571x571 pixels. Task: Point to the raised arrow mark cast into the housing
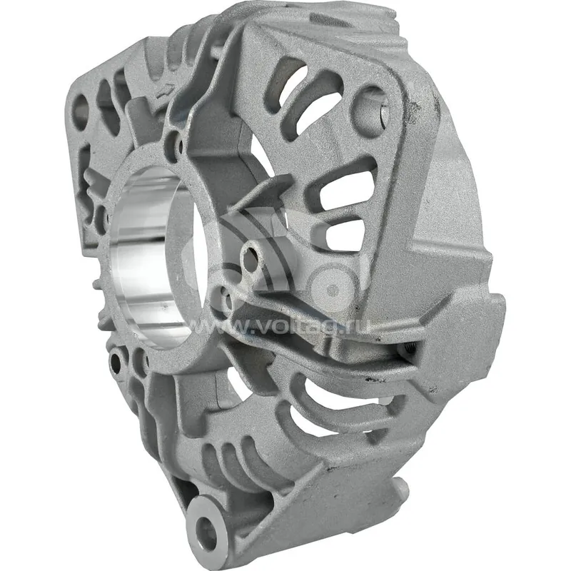coord(165,92)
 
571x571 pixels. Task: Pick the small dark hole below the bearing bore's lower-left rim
coord(116,361)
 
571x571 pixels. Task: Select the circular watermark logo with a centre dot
coord(332,290)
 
